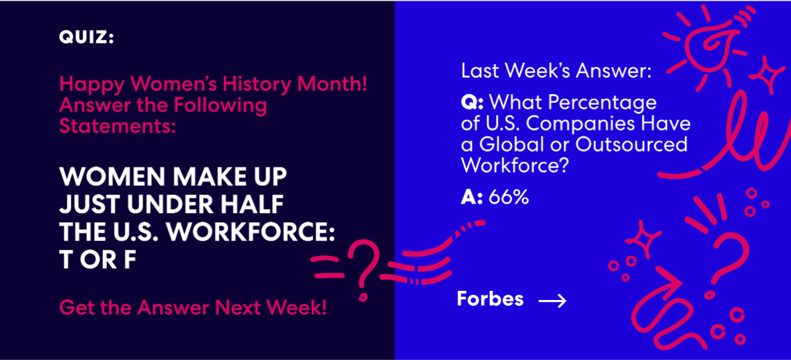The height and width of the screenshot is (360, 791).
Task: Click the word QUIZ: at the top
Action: click(86, 38)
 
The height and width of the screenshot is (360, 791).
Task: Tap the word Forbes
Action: click(490, 299)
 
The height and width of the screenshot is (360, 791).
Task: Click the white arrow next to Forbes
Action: click(552, 301)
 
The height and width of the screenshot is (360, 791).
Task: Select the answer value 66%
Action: click(508, 196)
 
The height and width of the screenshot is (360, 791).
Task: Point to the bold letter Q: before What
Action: click(473, 103)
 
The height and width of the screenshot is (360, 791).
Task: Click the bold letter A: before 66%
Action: click(471, 196)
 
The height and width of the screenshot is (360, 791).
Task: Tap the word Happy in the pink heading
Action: click(92, 84)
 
